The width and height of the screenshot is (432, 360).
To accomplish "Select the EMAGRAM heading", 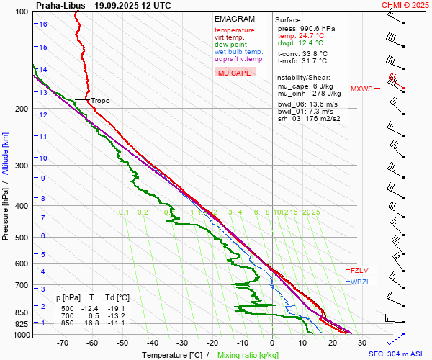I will coord(235,19).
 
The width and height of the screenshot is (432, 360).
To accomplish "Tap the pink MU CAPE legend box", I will coord(235,73).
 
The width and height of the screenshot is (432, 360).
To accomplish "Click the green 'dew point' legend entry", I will coord(231,45).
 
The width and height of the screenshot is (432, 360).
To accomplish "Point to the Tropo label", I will coord(100,101).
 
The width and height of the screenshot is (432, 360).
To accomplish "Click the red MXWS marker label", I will coord(361,89).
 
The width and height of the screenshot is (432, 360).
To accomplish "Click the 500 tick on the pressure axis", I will coord(21,238).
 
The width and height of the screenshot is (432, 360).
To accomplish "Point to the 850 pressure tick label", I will coord(21,312).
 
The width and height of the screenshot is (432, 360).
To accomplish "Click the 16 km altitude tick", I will coord(43,24).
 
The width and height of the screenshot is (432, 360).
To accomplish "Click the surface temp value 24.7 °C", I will coord(311,35).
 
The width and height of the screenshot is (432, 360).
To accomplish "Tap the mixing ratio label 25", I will coord(315,212).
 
